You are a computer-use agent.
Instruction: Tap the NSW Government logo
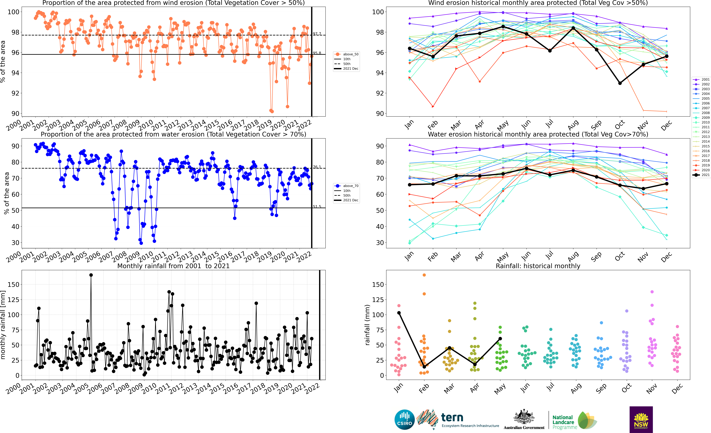(x=641, y=419)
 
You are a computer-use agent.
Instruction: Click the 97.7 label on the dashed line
(x=317, y=34)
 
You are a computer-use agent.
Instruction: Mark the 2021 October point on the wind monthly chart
(x=620, y=83)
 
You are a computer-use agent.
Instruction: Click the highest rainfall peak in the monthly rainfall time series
(x=91, y=275)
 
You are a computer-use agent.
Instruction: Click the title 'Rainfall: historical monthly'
(x=538, y=266)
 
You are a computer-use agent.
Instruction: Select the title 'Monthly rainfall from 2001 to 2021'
(x=173, y=266)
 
